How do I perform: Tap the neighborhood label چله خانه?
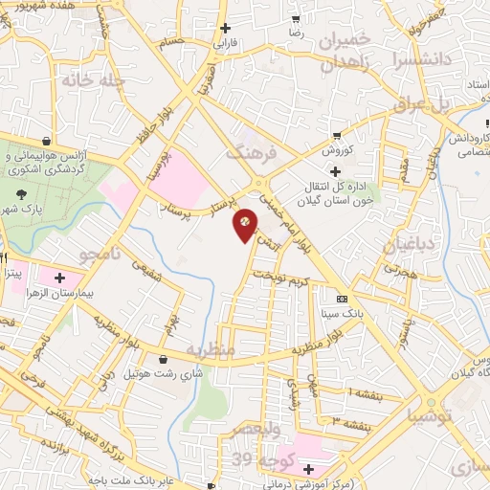point(93,80)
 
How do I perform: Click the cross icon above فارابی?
point(225,29)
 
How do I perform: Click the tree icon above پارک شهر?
point(21,193)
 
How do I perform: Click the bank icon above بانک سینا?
point(342,299)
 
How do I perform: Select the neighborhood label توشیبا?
point(425,417)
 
